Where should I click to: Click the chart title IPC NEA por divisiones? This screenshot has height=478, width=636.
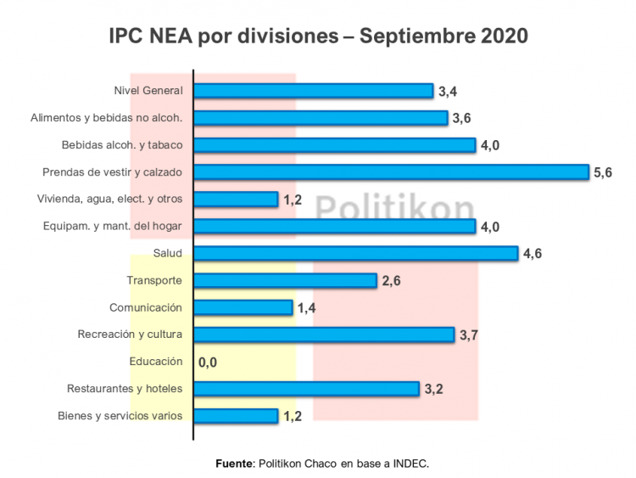point(318,37)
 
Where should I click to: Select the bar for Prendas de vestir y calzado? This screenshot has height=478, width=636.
point(391,172)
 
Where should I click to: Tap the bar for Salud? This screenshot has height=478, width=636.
point(355,253)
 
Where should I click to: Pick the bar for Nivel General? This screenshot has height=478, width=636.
point(314,91)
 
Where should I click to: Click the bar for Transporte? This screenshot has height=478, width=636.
point(285,280)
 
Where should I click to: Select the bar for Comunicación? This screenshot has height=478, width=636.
point(243,307)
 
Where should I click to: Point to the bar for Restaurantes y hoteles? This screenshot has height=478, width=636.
point(307,389)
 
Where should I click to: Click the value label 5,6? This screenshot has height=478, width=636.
point(603,172)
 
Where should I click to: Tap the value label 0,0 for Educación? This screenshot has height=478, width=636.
point(208,363)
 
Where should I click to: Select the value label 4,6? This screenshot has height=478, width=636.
point(533,254)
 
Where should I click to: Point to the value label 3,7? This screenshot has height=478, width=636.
point(470,335)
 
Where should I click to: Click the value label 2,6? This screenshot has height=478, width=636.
point(391,281)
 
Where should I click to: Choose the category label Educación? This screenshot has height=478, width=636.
point(156,362)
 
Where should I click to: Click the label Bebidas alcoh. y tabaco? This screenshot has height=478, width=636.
point(122,145)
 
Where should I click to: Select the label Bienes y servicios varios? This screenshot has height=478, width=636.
point(120,416)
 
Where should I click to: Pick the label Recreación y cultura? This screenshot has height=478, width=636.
point(129,335)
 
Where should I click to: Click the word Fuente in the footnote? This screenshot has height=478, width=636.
point(234,464)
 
